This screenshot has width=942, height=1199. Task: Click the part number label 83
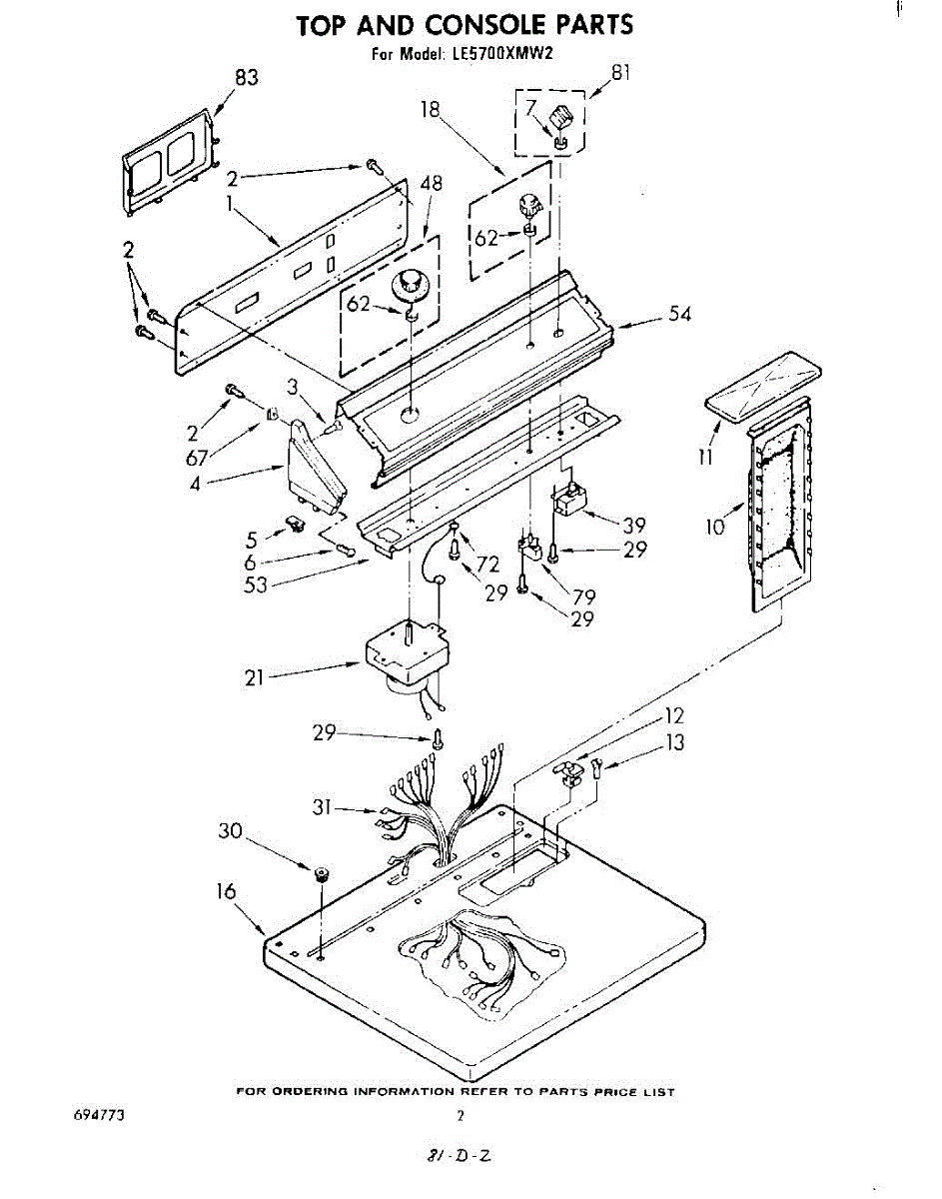click(x=246, y=78)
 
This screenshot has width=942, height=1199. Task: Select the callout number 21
click(x=255, y=677)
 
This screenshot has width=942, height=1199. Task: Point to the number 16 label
click(x=226, y=892)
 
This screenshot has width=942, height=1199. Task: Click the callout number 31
click(x=322, y=808)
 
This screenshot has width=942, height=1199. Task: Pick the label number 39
click(x=633, y=525)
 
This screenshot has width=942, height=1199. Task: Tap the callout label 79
click(x=584, y=597)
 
